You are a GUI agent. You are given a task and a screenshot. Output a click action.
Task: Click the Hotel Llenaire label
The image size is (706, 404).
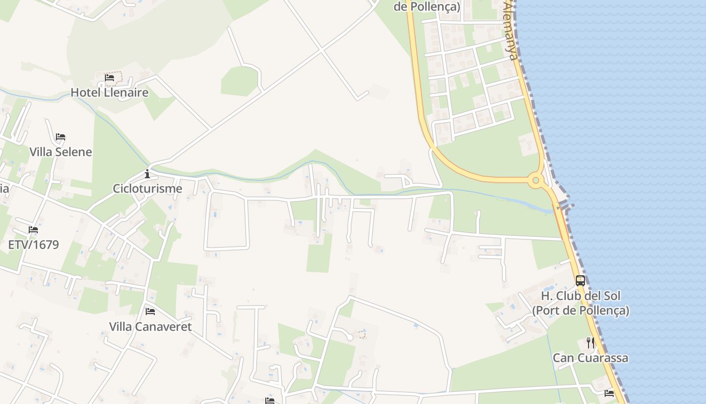point(109,92)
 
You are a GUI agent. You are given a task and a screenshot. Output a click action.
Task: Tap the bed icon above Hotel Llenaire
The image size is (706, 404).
point(109,78)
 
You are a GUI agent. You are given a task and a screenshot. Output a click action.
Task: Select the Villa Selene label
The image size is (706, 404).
point(61,152)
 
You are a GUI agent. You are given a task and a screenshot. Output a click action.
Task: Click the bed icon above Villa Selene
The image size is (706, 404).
point(61,137)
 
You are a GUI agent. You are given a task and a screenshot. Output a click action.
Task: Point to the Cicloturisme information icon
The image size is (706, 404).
point(147,174)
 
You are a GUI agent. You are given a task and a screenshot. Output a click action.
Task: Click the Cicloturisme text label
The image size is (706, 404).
point(147,189)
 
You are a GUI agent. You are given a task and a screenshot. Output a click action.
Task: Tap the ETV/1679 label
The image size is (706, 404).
point(33,245)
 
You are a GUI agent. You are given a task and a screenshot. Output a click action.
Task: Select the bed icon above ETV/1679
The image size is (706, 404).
point(33,230)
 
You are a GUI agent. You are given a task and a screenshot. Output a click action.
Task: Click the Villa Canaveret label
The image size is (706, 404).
point(150,327)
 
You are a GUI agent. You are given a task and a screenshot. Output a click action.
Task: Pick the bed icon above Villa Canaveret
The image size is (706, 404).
point(150,312)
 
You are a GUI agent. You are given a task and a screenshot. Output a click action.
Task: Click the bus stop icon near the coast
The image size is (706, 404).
point(580,281)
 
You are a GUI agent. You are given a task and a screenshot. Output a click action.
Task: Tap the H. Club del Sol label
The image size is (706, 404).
point(580,296)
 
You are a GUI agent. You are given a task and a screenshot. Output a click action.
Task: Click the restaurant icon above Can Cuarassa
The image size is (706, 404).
point(591,343)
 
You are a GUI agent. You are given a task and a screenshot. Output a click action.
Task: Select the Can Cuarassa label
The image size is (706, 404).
point(591,358)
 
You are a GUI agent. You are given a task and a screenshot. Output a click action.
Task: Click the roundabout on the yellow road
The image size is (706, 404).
point(536,180)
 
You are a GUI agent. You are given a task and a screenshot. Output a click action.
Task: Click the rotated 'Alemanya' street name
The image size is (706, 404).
point(510,30)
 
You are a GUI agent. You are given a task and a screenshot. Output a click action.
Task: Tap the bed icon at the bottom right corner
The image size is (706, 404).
point(609,393)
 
